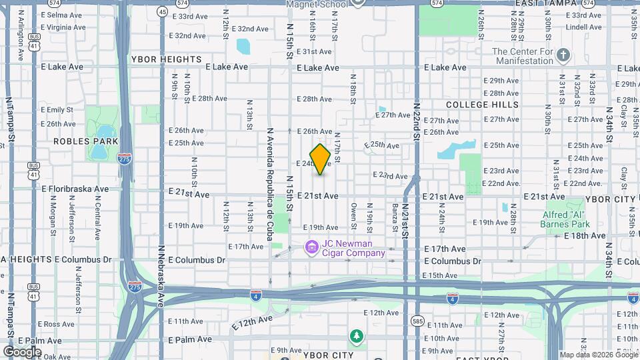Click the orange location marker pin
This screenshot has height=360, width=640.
tap(321, 159)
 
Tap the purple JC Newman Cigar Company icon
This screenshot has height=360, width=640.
tap(311, 248)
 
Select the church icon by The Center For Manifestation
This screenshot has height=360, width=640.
tap(563, 55)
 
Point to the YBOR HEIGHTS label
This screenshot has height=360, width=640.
tap(166, 59)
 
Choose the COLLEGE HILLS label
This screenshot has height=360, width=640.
tap(482, 105)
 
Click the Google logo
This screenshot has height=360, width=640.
tap(22, 351)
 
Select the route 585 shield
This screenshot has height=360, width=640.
tap(417, 321)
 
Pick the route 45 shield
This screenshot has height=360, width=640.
tap(163, 11)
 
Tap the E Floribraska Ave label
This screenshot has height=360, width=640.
tap(75, 189)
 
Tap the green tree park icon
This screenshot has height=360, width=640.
tap(357, 335)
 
